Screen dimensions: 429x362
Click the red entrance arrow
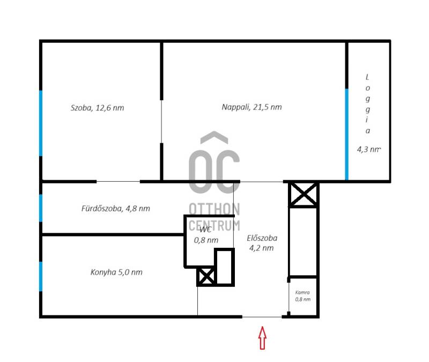[262, 338]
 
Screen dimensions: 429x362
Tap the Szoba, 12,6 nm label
[98, 108]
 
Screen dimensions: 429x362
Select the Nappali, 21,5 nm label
[252, 107]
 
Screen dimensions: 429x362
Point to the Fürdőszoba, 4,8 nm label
[116, 209]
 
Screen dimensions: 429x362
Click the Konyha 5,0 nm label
[116, 272]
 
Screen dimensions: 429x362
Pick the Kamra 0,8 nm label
[302, 296]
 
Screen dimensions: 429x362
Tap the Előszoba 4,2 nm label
[262, 243]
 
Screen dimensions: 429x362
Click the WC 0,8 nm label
[206, 235]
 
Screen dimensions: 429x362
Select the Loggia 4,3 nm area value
[369, 150]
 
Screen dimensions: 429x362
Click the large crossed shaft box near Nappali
[304, 195]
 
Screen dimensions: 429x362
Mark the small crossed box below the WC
[206, 276]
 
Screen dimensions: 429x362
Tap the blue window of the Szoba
[41, 123]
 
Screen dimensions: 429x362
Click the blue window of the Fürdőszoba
[41, 208]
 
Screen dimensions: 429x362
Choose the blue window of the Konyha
[41, 276]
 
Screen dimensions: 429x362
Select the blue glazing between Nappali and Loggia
[346, 134]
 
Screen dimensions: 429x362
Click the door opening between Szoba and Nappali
[161, 122]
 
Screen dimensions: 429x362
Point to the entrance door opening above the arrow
[262, 317]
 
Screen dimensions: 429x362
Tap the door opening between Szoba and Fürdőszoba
[118, 181]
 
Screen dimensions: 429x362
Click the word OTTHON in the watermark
[214, 209]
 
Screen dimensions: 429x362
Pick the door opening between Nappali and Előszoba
[262, 182]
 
